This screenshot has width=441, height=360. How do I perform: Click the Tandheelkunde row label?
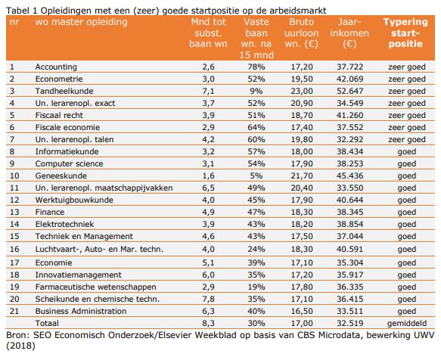[64, 91]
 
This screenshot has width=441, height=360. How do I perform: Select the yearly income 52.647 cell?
[350, 91]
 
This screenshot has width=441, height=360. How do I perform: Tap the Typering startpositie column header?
[405, 33]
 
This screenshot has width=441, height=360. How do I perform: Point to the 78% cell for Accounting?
[256, 67]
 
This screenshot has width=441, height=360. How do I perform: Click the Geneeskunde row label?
[61, 175]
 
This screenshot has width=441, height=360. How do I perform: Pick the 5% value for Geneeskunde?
[256, 175]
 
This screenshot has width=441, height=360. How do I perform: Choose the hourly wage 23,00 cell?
[302, 91]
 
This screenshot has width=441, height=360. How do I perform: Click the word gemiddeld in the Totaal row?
[407, 324]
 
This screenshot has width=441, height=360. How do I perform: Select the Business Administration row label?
[81, 311]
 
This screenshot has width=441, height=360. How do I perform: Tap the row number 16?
[14, 249]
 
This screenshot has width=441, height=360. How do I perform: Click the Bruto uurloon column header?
[302, 33]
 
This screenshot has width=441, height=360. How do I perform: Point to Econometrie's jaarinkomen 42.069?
[350, 79]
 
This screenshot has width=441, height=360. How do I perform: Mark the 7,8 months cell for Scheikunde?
[208, 299]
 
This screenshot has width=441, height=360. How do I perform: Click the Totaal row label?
[47, 323]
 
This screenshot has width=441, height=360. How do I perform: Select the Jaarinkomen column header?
[349, 33]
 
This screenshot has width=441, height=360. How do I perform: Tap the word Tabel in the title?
[17, 11]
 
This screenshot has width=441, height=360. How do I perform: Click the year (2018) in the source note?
[20, 346]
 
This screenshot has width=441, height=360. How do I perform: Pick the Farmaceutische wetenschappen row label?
[95, 287]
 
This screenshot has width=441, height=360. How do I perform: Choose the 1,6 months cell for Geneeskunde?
[208, 175]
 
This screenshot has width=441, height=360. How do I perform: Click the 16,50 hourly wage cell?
[302, 311]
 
